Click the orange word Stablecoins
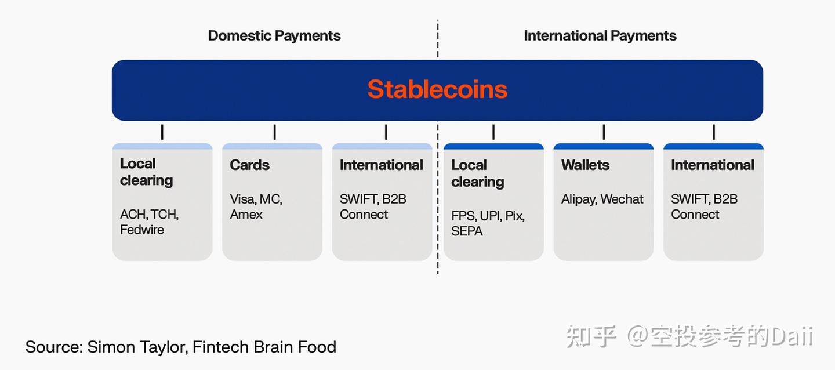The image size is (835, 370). pyautogui.click(x=437, y=89)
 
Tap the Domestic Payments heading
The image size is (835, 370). pyautogui.click(x=274, y=35)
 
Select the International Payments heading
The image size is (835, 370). pyautogui.click(x=600, y=35)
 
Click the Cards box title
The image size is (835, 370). pyautogui.click(x=250, y=165)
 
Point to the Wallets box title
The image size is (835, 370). pyautogui.click(x=585, y=165)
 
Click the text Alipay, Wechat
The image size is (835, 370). pyautogui.click(x=602, y=199)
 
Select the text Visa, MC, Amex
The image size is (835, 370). pyautogui.click(x=256, y=206)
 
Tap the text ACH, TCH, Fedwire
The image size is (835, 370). pyautogui.click(x=149, y=222)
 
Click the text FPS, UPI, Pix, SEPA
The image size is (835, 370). pyautogui.click(x=488, y=223)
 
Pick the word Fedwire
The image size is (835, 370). pyautogui.click(x=142, y=230)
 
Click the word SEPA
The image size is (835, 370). pyautogui.click(x=467, y=231)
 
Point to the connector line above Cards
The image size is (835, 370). pyautogui.click(x=274, y=132)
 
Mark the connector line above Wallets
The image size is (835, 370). pyautogui.click(x=604, y=132)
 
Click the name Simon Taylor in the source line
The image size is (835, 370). pyautogui.click(x=137, y=347)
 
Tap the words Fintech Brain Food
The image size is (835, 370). pyautogui.click(x=264, y=347)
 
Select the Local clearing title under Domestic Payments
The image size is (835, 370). pyautogui.click(x=146, y=172)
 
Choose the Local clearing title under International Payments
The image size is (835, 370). pyautogui.click(x=478, y=173)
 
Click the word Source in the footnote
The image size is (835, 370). pyautogui.click(x=53, y=347)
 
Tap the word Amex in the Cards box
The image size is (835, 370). pyautogui.click(x=246, y=214)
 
